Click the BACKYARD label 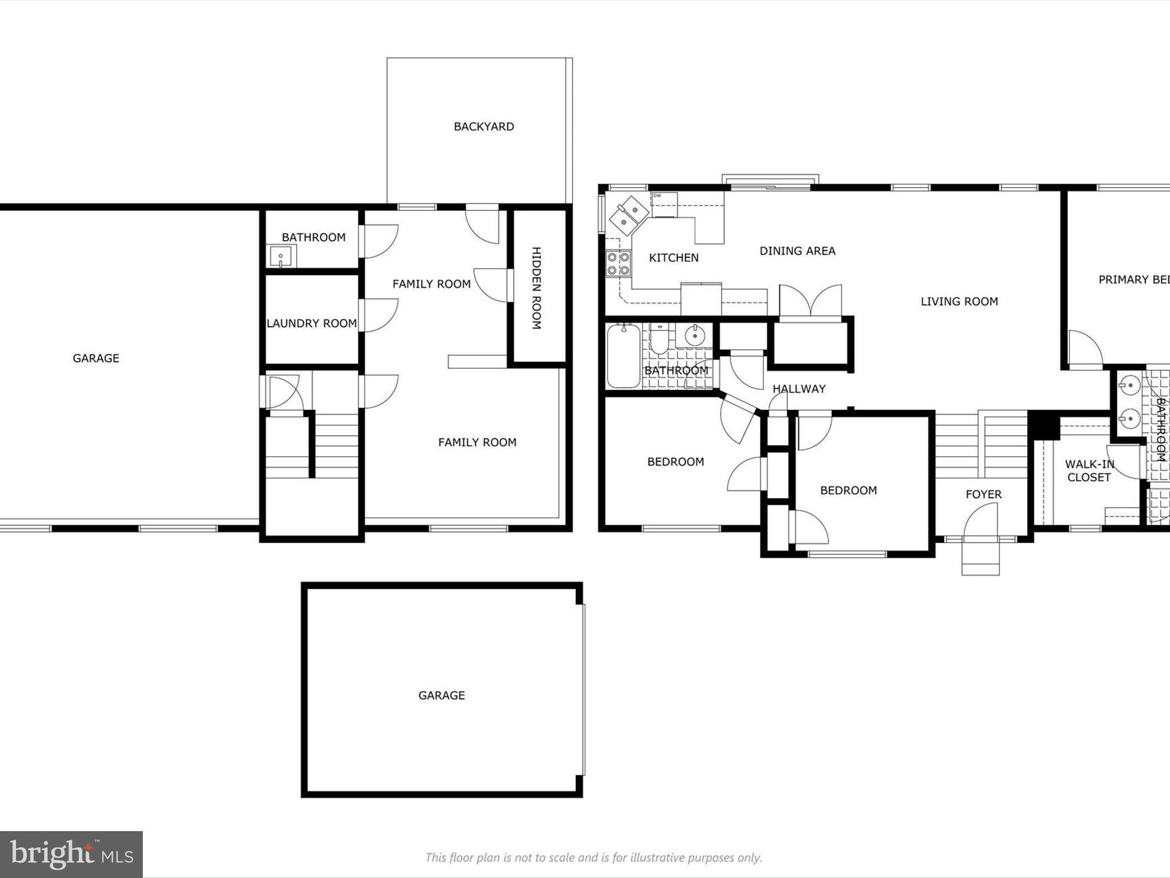point(483,126)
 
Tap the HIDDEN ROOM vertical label point(536,288)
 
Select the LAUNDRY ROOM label point(311,324)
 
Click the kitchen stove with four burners point(618,263)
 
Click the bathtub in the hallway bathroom point(623,355)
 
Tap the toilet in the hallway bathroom point(659,340)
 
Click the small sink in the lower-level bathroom point(281,256)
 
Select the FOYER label point(983,494)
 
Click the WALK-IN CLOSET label point(1089,470)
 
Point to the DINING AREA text point(797,251)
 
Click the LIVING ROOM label point(959,302)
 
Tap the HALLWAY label point(799,389)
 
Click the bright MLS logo point(71,854)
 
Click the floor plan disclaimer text point(593,857)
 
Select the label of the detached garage point(441,695)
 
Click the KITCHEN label point(674,258)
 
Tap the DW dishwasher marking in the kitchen point(657,196)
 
